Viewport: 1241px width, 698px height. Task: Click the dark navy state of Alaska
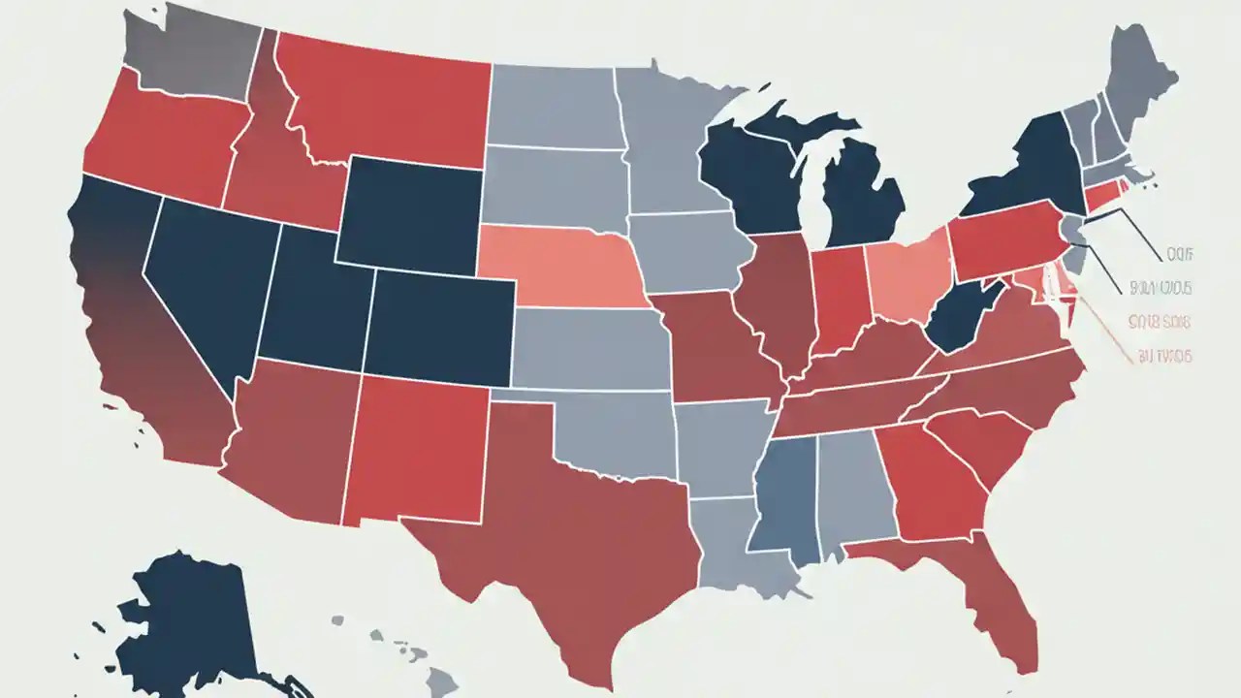pos(194,620)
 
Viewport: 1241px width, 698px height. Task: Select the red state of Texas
pos(562,543)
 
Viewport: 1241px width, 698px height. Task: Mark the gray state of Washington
pos(189,53)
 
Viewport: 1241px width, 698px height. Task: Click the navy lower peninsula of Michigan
pos(863,199)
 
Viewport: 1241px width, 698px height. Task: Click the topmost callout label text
pos(1178,254)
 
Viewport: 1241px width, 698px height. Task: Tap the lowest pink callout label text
pos(1163,357)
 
